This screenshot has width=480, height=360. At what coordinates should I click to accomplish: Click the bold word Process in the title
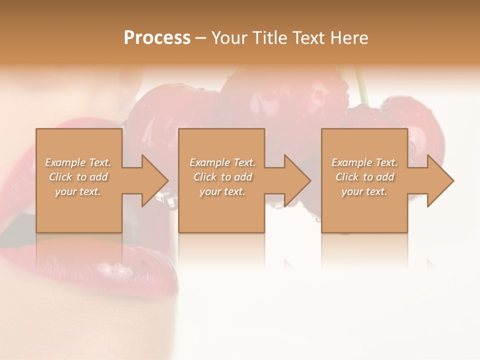[x=157, y=38]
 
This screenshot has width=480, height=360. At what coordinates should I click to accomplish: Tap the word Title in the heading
[x=268, y=38]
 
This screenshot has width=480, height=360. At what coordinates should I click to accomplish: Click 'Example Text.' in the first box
[x=78, y=162]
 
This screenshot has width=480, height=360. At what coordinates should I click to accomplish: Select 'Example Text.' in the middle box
[x=222, y=162]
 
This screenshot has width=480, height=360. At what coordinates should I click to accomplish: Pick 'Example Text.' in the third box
[x=364, y=162]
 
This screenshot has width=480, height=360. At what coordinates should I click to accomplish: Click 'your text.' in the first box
[x=78, y=191]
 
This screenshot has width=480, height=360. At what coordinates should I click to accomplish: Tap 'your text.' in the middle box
[x=222, y=191]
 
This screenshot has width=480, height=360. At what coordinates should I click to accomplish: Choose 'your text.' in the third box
[x=364, y=191]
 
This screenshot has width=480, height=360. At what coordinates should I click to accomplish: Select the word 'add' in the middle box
[x=242, y=177]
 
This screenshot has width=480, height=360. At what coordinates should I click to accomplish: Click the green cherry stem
[x=361, y=87]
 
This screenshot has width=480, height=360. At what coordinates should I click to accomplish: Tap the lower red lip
[x=90, y=265]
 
